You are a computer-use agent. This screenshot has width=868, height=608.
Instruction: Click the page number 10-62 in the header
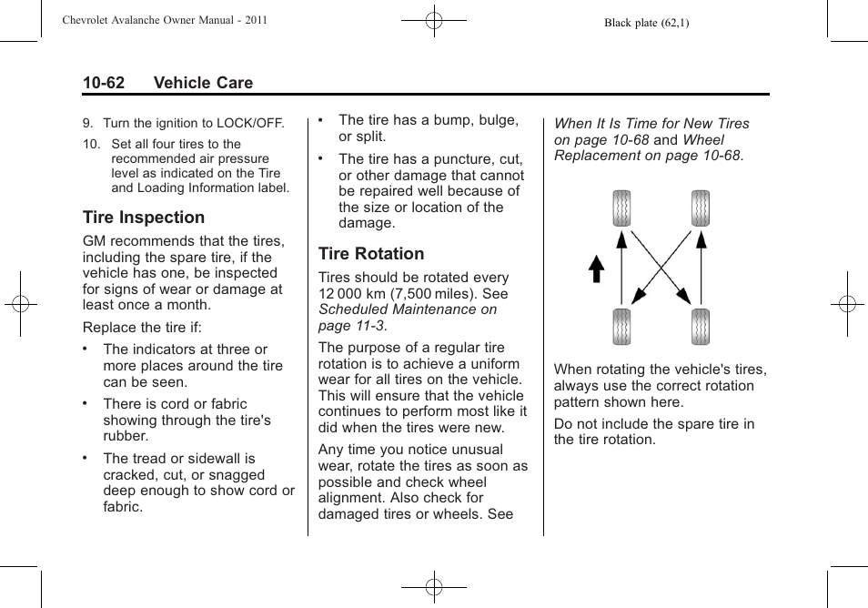coord(104,83)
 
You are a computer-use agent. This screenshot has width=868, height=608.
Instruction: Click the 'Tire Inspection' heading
coord(144,218)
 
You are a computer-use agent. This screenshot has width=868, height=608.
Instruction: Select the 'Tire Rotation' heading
coord(371,254)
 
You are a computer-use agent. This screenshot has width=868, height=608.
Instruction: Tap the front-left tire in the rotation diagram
coord(621,208)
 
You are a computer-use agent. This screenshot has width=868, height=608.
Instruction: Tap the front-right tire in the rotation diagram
coord(700,208)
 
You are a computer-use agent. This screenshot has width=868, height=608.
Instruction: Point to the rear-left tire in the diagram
coord(621,327)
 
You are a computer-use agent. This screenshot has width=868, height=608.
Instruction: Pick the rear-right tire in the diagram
coord(700,327)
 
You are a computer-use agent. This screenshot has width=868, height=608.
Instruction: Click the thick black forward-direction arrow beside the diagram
coord(596,269)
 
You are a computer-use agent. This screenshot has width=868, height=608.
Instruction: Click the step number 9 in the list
coord(87,123)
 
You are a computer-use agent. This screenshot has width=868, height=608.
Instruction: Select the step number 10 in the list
coord(91,144)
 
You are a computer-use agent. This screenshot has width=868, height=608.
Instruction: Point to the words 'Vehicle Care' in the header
coord(203,83)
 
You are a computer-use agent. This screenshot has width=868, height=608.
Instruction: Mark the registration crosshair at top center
coord(434,20)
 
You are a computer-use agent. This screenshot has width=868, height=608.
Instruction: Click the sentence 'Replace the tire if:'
coord(142,328)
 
